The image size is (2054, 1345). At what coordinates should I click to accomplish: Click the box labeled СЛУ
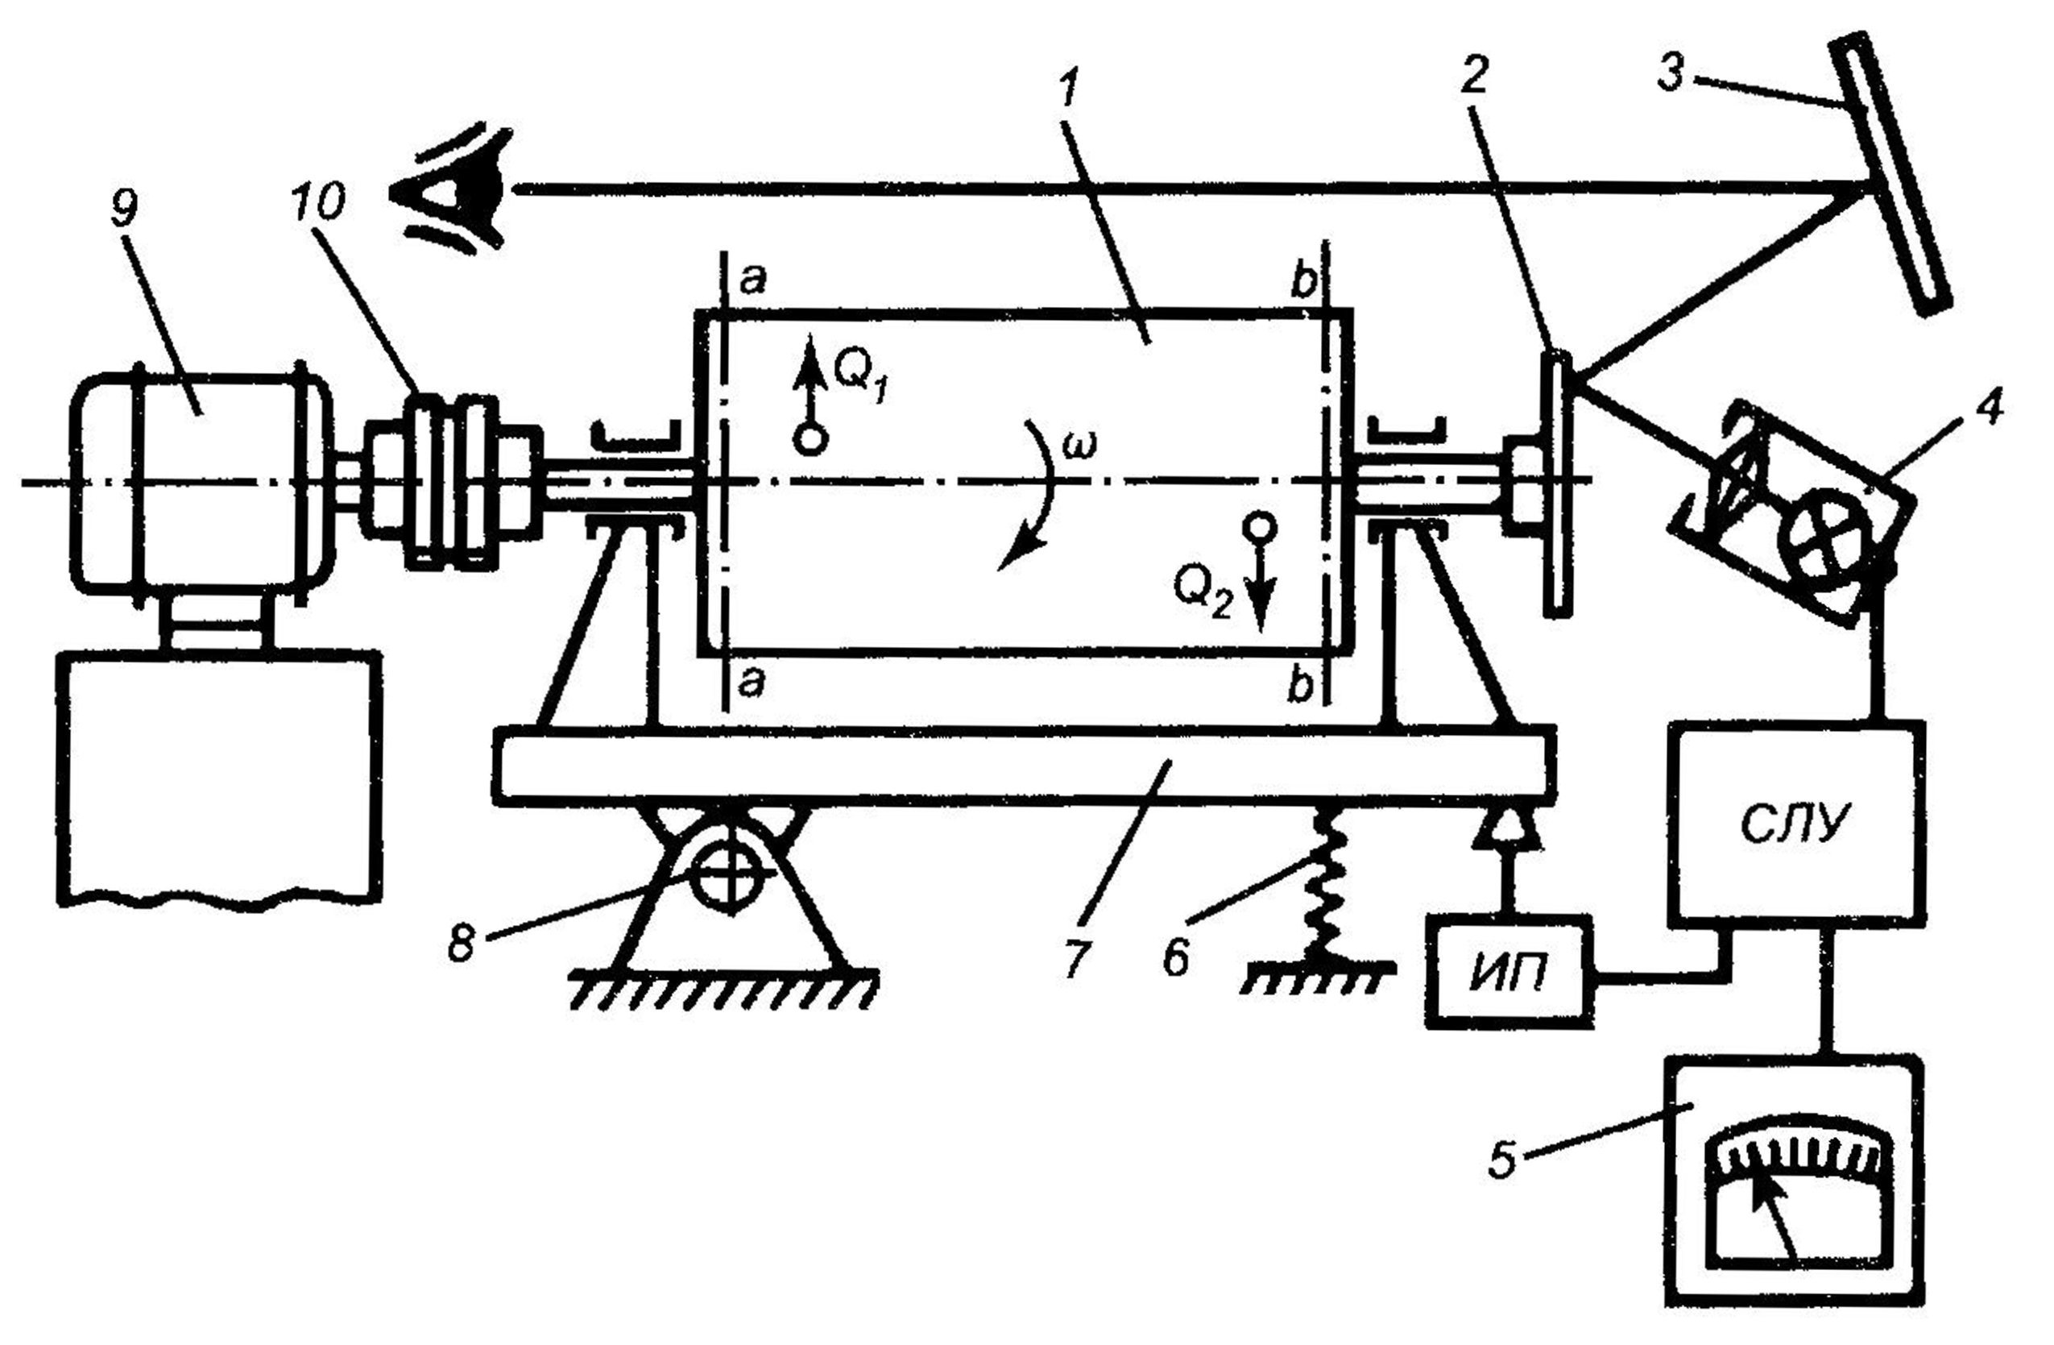pos(1795,824)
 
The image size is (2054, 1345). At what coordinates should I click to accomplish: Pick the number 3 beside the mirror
pos(1671,74)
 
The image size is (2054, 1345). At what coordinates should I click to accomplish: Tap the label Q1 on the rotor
pos(859,377)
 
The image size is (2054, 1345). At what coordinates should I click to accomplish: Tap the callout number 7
pos(1077,958)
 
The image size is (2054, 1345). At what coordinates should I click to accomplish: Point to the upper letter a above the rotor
pos(752,280)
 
